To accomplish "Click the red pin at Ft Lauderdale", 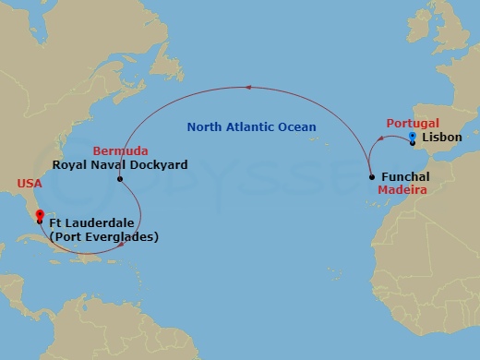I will click(x=39, y=216).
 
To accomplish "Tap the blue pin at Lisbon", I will click(x=412, y=137).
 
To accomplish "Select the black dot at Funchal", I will click(x=371, y=176).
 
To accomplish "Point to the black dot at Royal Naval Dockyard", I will click(x=120, y=179).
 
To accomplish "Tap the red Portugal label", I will click(x=411, y=123).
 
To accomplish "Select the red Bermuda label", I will click(x=116, y=150).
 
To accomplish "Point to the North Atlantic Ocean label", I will click(x=251, y=126).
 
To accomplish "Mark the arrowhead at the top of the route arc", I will click(x=247, y=89).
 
